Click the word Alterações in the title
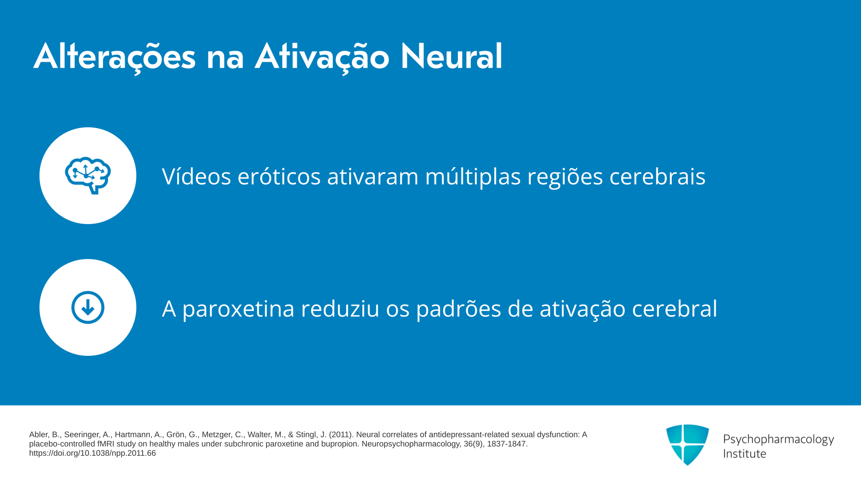coord(115,57)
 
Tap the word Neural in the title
coord(451,57)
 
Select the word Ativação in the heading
coord(322,57)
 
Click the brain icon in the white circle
coord(88,176)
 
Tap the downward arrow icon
coord(88,307)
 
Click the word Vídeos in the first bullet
coord(196,176)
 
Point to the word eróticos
coord(279,176)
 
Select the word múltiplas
coord(473,177)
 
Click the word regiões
coord(565,177)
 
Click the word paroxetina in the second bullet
coord(238,309)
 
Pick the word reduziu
coord(340,308)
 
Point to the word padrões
coord(459,309)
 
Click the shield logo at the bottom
coord(687,445)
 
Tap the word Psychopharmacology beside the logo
coord(778,440)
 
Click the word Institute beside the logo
coord(745,454)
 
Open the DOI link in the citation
coord(92,453)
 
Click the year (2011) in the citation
coord(341,435)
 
